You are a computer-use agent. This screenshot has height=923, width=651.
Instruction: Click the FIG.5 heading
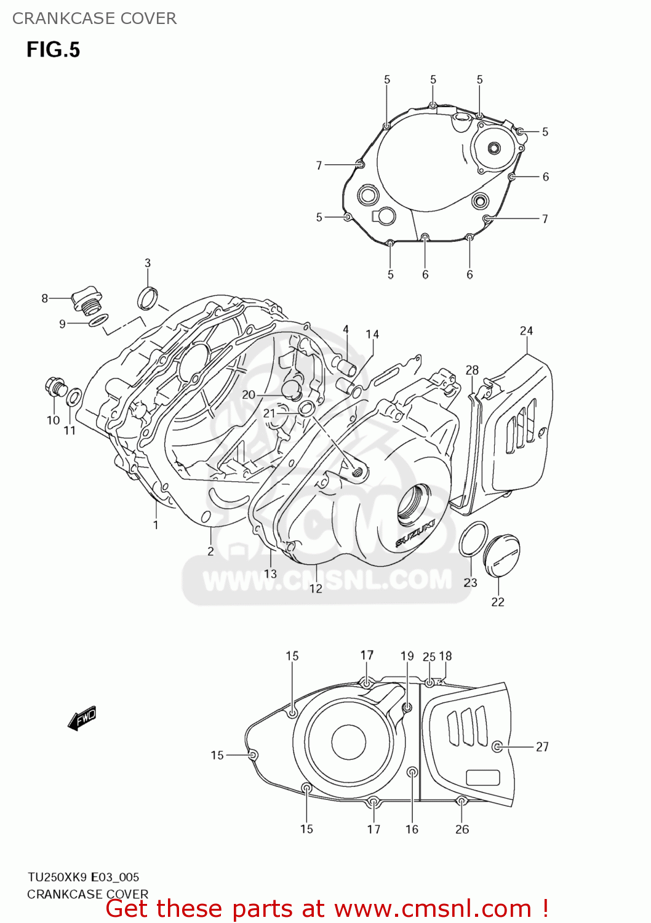coord(53,49)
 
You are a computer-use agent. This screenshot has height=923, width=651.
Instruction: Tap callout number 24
coord(526,331)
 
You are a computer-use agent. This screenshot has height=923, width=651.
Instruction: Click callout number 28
coord(472,370)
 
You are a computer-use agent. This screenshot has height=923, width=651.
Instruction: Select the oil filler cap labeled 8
coord(85,300)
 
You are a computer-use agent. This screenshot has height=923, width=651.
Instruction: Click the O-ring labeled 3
coord(147,298)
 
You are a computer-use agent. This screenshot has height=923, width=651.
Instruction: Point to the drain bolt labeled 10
coord(54,387)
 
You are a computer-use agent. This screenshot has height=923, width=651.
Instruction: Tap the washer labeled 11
coord(73,397)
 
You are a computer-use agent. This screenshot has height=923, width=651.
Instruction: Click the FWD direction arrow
coord(82,717)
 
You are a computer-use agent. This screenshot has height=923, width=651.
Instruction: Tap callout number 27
coord(542,746)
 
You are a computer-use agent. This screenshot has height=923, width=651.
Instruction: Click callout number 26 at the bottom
coord(462,829)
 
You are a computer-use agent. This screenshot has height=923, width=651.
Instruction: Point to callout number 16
coord(412,829)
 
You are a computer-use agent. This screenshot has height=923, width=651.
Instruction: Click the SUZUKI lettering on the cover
coord(415,533)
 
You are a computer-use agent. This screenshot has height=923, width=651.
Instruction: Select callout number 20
coord(249,394)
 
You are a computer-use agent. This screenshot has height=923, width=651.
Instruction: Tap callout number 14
coord(372,334)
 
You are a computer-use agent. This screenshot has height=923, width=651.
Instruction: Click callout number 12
coord(316,588)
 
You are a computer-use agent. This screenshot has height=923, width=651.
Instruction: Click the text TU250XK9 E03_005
coord(83,877)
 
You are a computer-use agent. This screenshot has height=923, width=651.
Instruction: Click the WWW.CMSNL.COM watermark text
coord(327,580)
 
